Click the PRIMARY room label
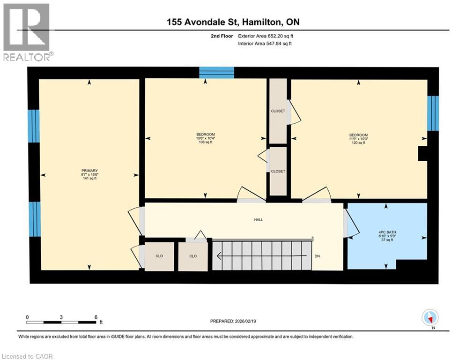[x=89, y=171]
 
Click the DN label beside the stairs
[x=317, y=256]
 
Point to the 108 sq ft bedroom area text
[x=205, y=142]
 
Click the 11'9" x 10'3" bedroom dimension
[x=358, y=139]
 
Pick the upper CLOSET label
[x=278, y=111]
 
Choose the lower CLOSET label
[x=278, y=172]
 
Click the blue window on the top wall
[x=216, y=73]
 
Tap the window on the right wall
[x=433, y=113]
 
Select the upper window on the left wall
[x=33, y=126]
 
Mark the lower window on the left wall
[x=33, y=219]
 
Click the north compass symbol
[x=429, y=318]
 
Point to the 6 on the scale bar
[x=96, y=317]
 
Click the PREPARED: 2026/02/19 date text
[x=234, y=321]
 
